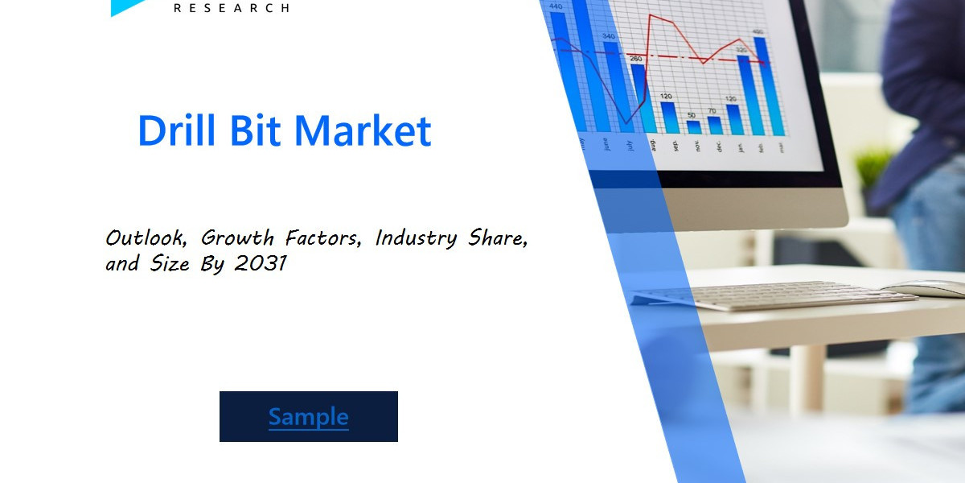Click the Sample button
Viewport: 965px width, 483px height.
point(308,416)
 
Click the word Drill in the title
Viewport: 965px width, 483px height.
point(179,130)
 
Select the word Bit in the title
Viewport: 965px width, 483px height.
point(256,130)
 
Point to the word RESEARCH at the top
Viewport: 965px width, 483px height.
point(232,7)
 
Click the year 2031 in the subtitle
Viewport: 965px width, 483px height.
point(262,263)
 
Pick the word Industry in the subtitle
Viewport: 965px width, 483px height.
point(415,238)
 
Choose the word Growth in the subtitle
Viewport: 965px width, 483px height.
point(237,238)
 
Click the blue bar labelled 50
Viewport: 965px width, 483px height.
point(694,127)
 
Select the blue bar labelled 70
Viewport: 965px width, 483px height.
point(714,125)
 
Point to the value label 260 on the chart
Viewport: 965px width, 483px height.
point(635,59)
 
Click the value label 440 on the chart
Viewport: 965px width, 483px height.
point(555,6)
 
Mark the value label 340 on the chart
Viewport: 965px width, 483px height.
point(609,36)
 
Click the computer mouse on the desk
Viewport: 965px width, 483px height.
point(925,289)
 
